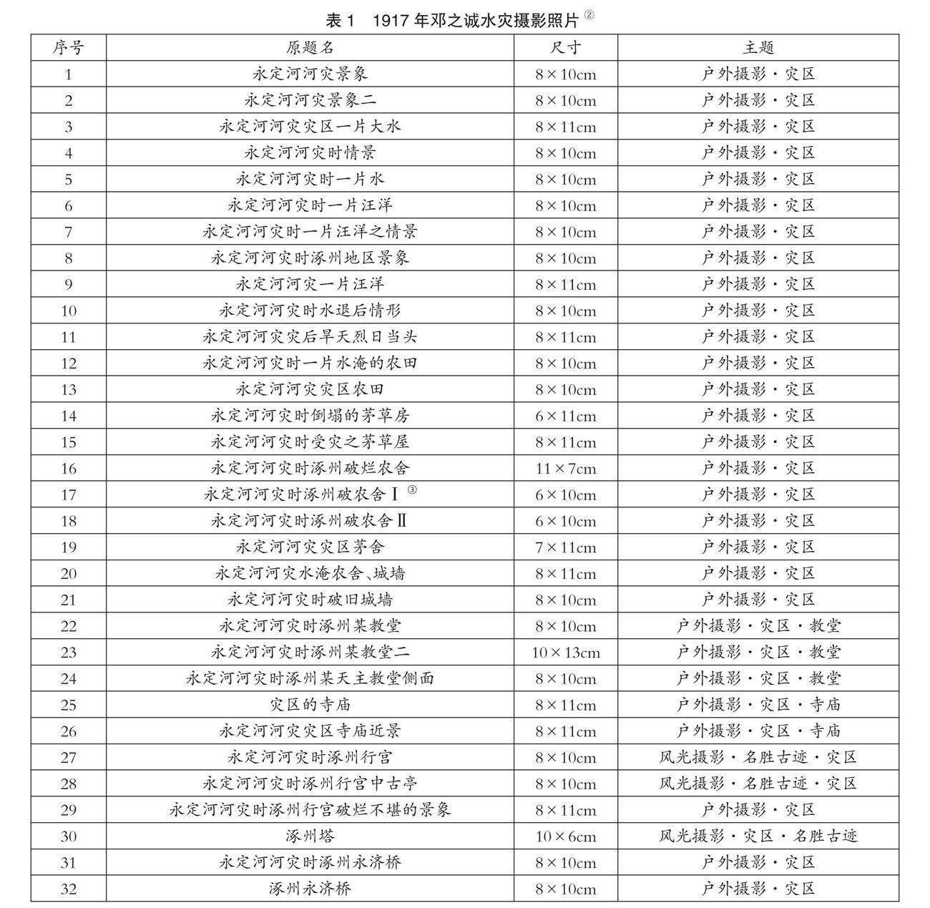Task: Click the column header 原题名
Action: pyautogui.click(x=310, y=48)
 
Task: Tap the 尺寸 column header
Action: pyautogui.click(x=565, y=48)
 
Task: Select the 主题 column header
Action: pyautogui.click(x=758, y=48)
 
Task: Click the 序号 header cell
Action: pyautogui.click(x=68, y=48)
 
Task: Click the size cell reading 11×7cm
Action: pyautogui.click(x=565, y=469)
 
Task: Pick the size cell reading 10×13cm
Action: pyautogui.click(x=565, y=653)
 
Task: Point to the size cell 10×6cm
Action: pyautogui.click(x=565, y=836)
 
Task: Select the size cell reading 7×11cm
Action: pyautogui.click(x=565, y=547)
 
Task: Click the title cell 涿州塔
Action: pyautogui.click(x=310, y=836)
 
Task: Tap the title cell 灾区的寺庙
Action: pyautogui.click(x=310, y=705)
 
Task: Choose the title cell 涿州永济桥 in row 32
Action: pyautogui.click(x=310, y=889)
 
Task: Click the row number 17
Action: pyautogui.click(x=68, y=495)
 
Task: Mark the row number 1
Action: pyautogui.click(x=68, y=74)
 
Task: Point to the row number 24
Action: pyautogui.click(x=68, y=679)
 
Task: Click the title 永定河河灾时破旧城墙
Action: pyautogui.click(x=310, y=600)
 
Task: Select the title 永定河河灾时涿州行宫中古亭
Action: pyautogui.click(x=310, y=783)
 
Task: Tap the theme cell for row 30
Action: pyautogui.click(x=758, y=836)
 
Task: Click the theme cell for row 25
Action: pyautogui.click(x=758, y=705)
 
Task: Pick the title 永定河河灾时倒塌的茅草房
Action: pyautogui.click(x=310, y=416)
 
